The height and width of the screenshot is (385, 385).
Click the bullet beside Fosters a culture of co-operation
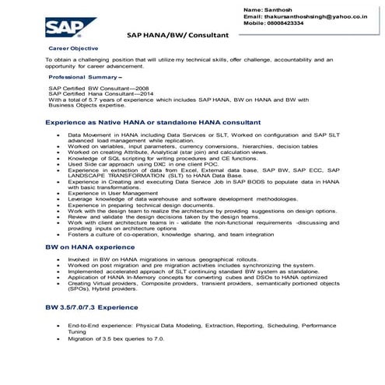60,234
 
